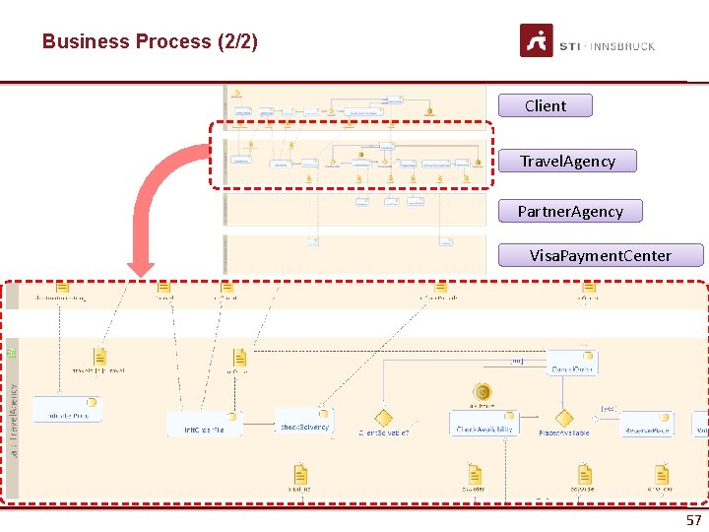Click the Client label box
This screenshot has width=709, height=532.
tap(546, 105)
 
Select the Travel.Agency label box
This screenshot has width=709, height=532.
tap(568, 161)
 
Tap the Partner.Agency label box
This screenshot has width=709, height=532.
tap(570, 211)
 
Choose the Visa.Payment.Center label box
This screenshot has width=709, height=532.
tap(601, 255)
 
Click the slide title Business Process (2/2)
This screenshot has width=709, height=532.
tap(150, 41)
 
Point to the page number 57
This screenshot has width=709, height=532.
tap(693, 520)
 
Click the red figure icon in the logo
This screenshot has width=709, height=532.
tap(537, 40)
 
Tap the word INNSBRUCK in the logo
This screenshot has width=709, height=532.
tap(622, 46)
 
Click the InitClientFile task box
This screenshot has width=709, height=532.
tap(204, 424)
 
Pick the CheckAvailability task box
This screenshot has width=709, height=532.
tap(483, 424)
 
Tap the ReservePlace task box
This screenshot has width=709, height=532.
tap(647, 424)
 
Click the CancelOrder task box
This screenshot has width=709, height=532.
tap(572, 364)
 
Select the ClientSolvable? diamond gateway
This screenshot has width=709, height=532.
tap(383, 419)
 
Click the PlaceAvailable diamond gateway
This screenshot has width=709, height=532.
tap(563, 419)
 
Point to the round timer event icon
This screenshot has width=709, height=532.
tap(483, 392)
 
